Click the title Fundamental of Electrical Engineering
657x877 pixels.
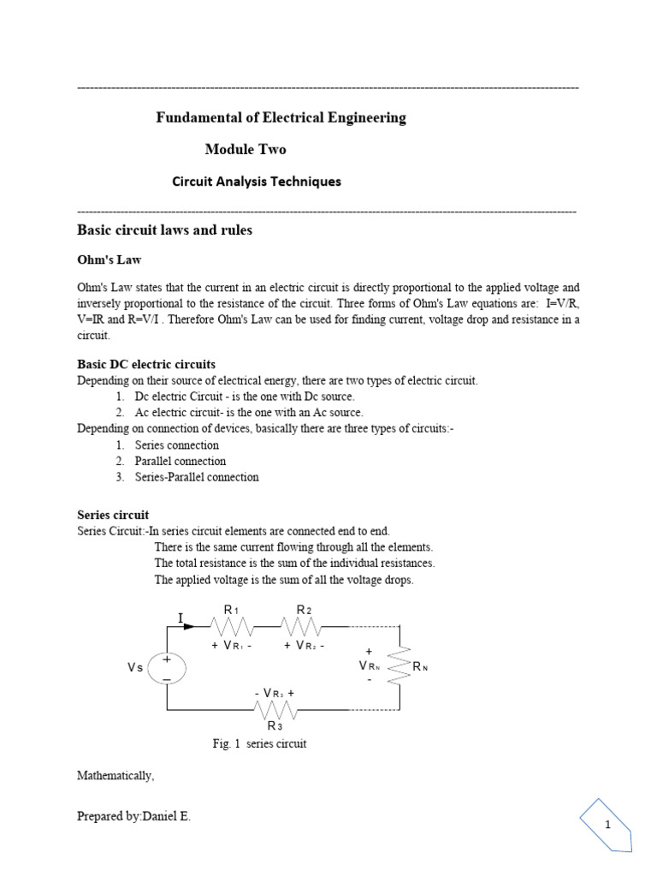coord(281,117)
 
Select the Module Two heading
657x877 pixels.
coord(246,149)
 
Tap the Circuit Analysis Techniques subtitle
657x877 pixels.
coord(257,182)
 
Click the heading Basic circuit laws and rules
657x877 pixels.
coord(164,230)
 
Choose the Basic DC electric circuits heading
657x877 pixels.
coord(146,364)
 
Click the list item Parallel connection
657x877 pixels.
coord(180,461)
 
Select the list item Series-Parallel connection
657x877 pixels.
coord(196,477)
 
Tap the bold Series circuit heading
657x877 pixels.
coord(113,515)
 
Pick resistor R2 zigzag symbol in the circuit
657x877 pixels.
coord(303,626)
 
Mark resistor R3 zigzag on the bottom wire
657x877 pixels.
coord(275,710)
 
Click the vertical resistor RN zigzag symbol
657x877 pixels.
coord(400,665)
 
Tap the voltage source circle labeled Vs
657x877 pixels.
coord(167,668)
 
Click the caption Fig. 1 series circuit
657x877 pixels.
coord(259,743)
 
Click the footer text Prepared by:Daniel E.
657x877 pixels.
coord(134,816)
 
